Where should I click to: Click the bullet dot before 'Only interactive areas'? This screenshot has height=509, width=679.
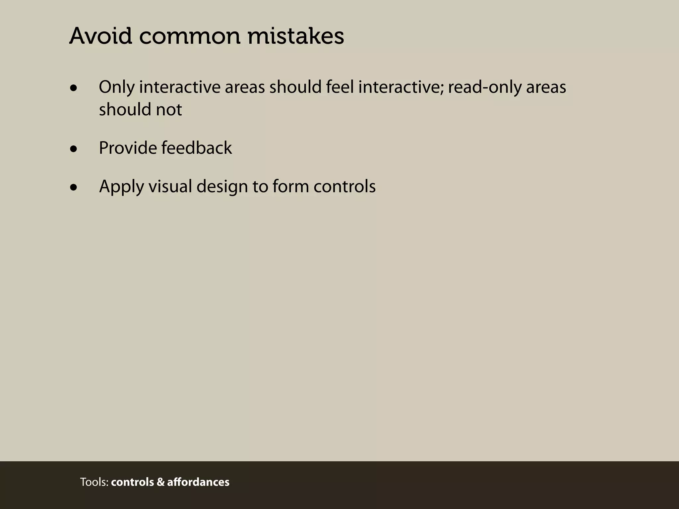pyautogui.click(x=74, y=88)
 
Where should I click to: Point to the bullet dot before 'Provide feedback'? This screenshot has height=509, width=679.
pyautogui.click(x=74, y=149)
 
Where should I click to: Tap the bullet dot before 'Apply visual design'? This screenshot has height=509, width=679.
pyautogui.click(x=74, y=188)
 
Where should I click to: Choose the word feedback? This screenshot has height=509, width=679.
pyautogui.click(x=197, y=148)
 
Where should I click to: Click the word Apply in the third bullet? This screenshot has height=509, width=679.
pyautogui.click(x=121, y=187)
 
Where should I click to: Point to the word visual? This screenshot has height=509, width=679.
pyautogui.click(x=170, y=186)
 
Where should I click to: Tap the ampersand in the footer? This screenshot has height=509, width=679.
pyautogui.click(x=160, y=482)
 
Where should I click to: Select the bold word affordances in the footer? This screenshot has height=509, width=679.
pyautogui.click(x=198, y=482)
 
